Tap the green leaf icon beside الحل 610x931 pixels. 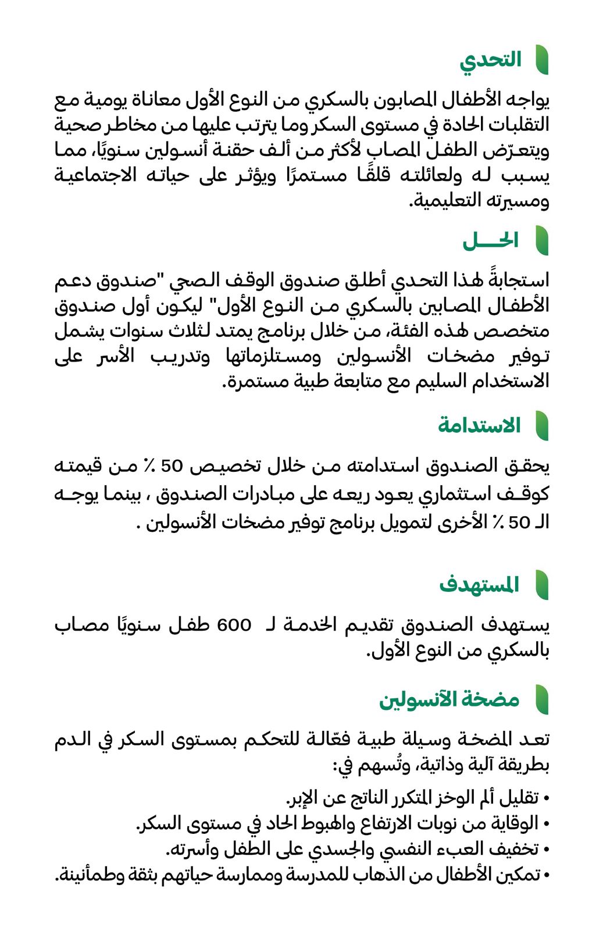click(x=541, y=241)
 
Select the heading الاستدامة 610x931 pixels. click(x=479, y=425)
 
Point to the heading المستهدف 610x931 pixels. click(x=480, y=585)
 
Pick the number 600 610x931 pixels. click(x=234, y=626)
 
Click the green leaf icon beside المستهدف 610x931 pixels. click(x=541, y=585)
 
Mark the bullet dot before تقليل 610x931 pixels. click(x=545, y=797)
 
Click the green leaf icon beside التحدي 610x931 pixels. click(x=541, y=61)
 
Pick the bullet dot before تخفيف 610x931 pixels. click(x=545, y=849)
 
